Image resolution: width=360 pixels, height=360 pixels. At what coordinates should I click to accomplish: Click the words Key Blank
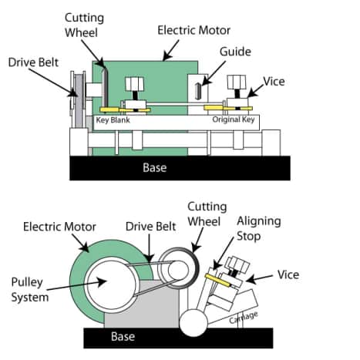(114, 121)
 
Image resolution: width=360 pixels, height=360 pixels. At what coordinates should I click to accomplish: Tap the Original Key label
(234, 121)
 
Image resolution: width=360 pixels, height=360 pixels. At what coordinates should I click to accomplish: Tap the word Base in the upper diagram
(154, 167)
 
